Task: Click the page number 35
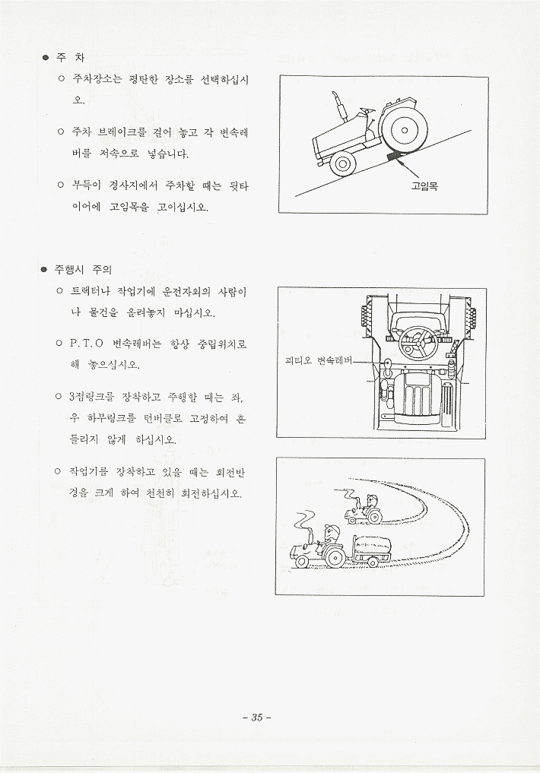coord(257,718)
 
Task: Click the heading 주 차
coord(70,58)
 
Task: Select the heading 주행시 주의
coord(83,270)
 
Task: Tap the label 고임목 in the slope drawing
coord(424,186)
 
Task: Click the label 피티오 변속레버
coord(318,360)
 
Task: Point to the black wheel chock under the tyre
coord(395,156)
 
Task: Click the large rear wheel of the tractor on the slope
coord(402,131)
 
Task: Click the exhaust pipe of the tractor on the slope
coord(338,104)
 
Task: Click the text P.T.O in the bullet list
coord(87,344)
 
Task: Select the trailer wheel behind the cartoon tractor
coord(372,562)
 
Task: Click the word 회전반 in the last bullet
coord(230,472)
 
